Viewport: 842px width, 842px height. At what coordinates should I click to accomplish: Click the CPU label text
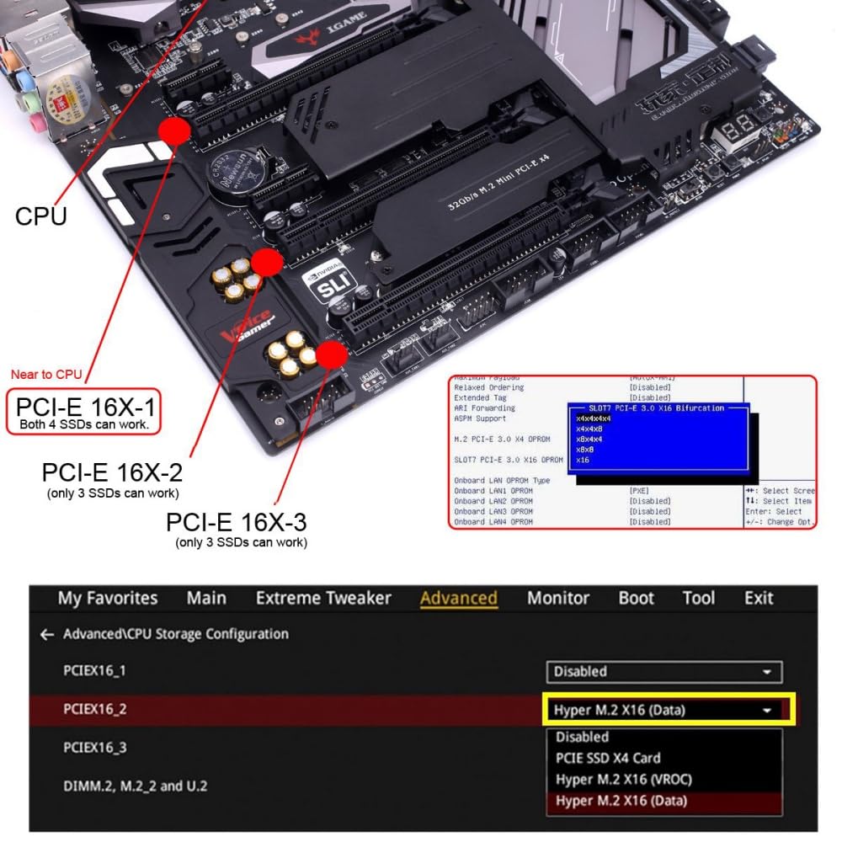point(40,216)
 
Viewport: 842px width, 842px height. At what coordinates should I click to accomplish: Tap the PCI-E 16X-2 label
point(112,472)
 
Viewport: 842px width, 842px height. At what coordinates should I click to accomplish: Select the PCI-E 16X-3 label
point(236,522)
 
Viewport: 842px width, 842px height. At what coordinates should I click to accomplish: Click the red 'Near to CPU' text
point(46,374)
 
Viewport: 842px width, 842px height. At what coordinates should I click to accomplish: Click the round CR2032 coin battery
point(237,173)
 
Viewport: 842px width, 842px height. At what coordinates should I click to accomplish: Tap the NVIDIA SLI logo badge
point(323,287)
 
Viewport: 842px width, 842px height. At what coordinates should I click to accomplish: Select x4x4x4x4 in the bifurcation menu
point(594,418)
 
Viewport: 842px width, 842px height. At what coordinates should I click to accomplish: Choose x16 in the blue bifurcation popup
point(584,461)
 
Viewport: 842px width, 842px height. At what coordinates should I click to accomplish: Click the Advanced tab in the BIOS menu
point(459,598)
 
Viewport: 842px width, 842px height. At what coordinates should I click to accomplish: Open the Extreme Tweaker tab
point(323,598)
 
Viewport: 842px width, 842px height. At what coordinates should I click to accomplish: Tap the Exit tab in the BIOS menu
point(759,598)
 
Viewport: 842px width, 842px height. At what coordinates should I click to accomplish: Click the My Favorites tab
point(108,598)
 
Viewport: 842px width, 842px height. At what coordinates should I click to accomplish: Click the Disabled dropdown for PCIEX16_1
point(663,671)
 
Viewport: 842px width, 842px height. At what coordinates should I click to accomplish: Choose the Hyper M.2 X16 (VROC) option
point(623,779)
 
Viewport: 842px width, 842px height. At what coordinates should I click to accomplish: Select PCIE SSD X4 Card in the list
point(607,758)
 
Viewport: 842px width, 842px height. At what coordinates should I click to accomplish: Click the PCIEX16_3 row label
point(94,748)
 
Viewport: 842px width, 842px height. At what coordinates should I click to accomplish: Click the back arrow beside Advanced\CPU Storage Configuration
point(46,634)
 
